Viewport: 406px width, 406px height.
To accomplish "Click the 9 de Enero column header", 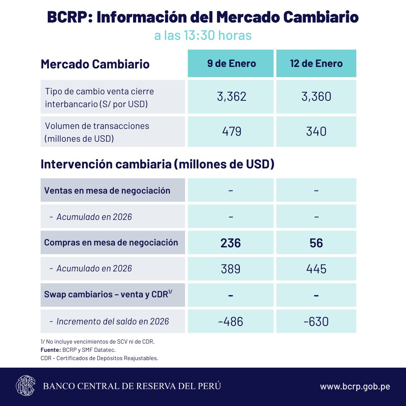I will pos(231,63).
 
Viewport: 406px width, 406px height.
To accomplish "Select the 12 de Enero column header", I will pos(316,63).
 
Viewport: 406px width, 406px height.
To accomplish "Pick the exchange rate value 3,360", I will pos(316,97).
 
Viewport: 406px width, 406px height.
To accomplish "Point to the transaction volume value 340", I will pos(316,132).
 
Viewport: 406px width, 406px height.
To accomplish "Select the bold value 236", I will pos(230,243).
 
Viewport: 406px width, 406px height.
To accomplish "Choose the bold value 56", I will pos(316,243).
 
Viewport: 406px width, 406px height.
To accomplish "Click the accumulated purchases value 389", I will pos(230,269).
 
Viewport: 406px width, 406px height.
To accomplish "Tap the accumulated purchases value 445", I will pos(316,269).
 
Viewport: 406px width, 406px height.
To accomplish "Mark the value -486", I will pos(230,322).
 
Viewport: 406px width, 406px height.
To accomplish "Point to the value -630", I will pos(316,322).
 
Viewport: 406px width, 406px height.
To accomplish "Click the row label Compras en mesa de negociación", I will pos(111,242).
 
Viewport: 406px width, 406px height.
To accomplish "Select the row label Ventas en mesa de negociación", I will pos(107,191).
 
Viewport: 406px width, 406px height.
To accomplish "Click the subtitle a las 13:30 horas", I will pos(203,36).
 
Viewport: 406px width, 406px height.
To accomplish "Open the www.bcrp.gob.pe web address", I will pos(355,386).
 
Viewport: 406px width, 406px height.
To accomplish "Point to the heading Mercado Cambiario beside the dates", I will pos(95,64).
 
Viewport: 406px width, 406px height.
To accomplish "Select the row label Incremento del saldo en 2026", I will pos(112,321).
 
